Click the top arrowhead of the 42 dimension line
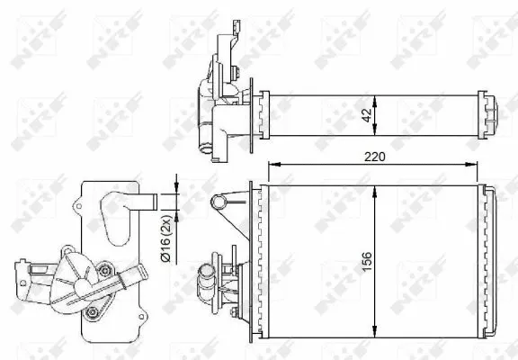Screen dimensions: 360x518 [x=375, y=95]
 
